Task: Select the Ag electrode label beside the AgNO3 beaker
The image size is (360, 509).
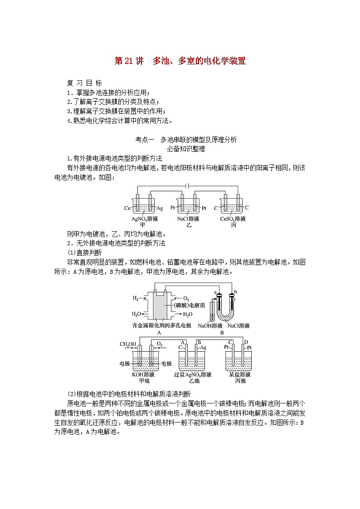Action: click(160, 208)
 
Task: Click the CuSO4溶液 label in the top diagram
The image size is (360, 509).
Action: click(233, 219)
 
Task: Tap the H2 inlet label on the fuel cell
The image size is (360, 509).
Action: click(136, 298)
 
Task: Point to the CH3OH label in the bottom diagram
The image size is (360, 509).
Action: click(128, 344)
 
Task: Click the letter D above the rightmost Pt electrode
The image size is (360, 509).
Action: click(246, 342)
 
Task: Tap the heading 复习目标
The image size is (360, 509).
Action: click(84, 83)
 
